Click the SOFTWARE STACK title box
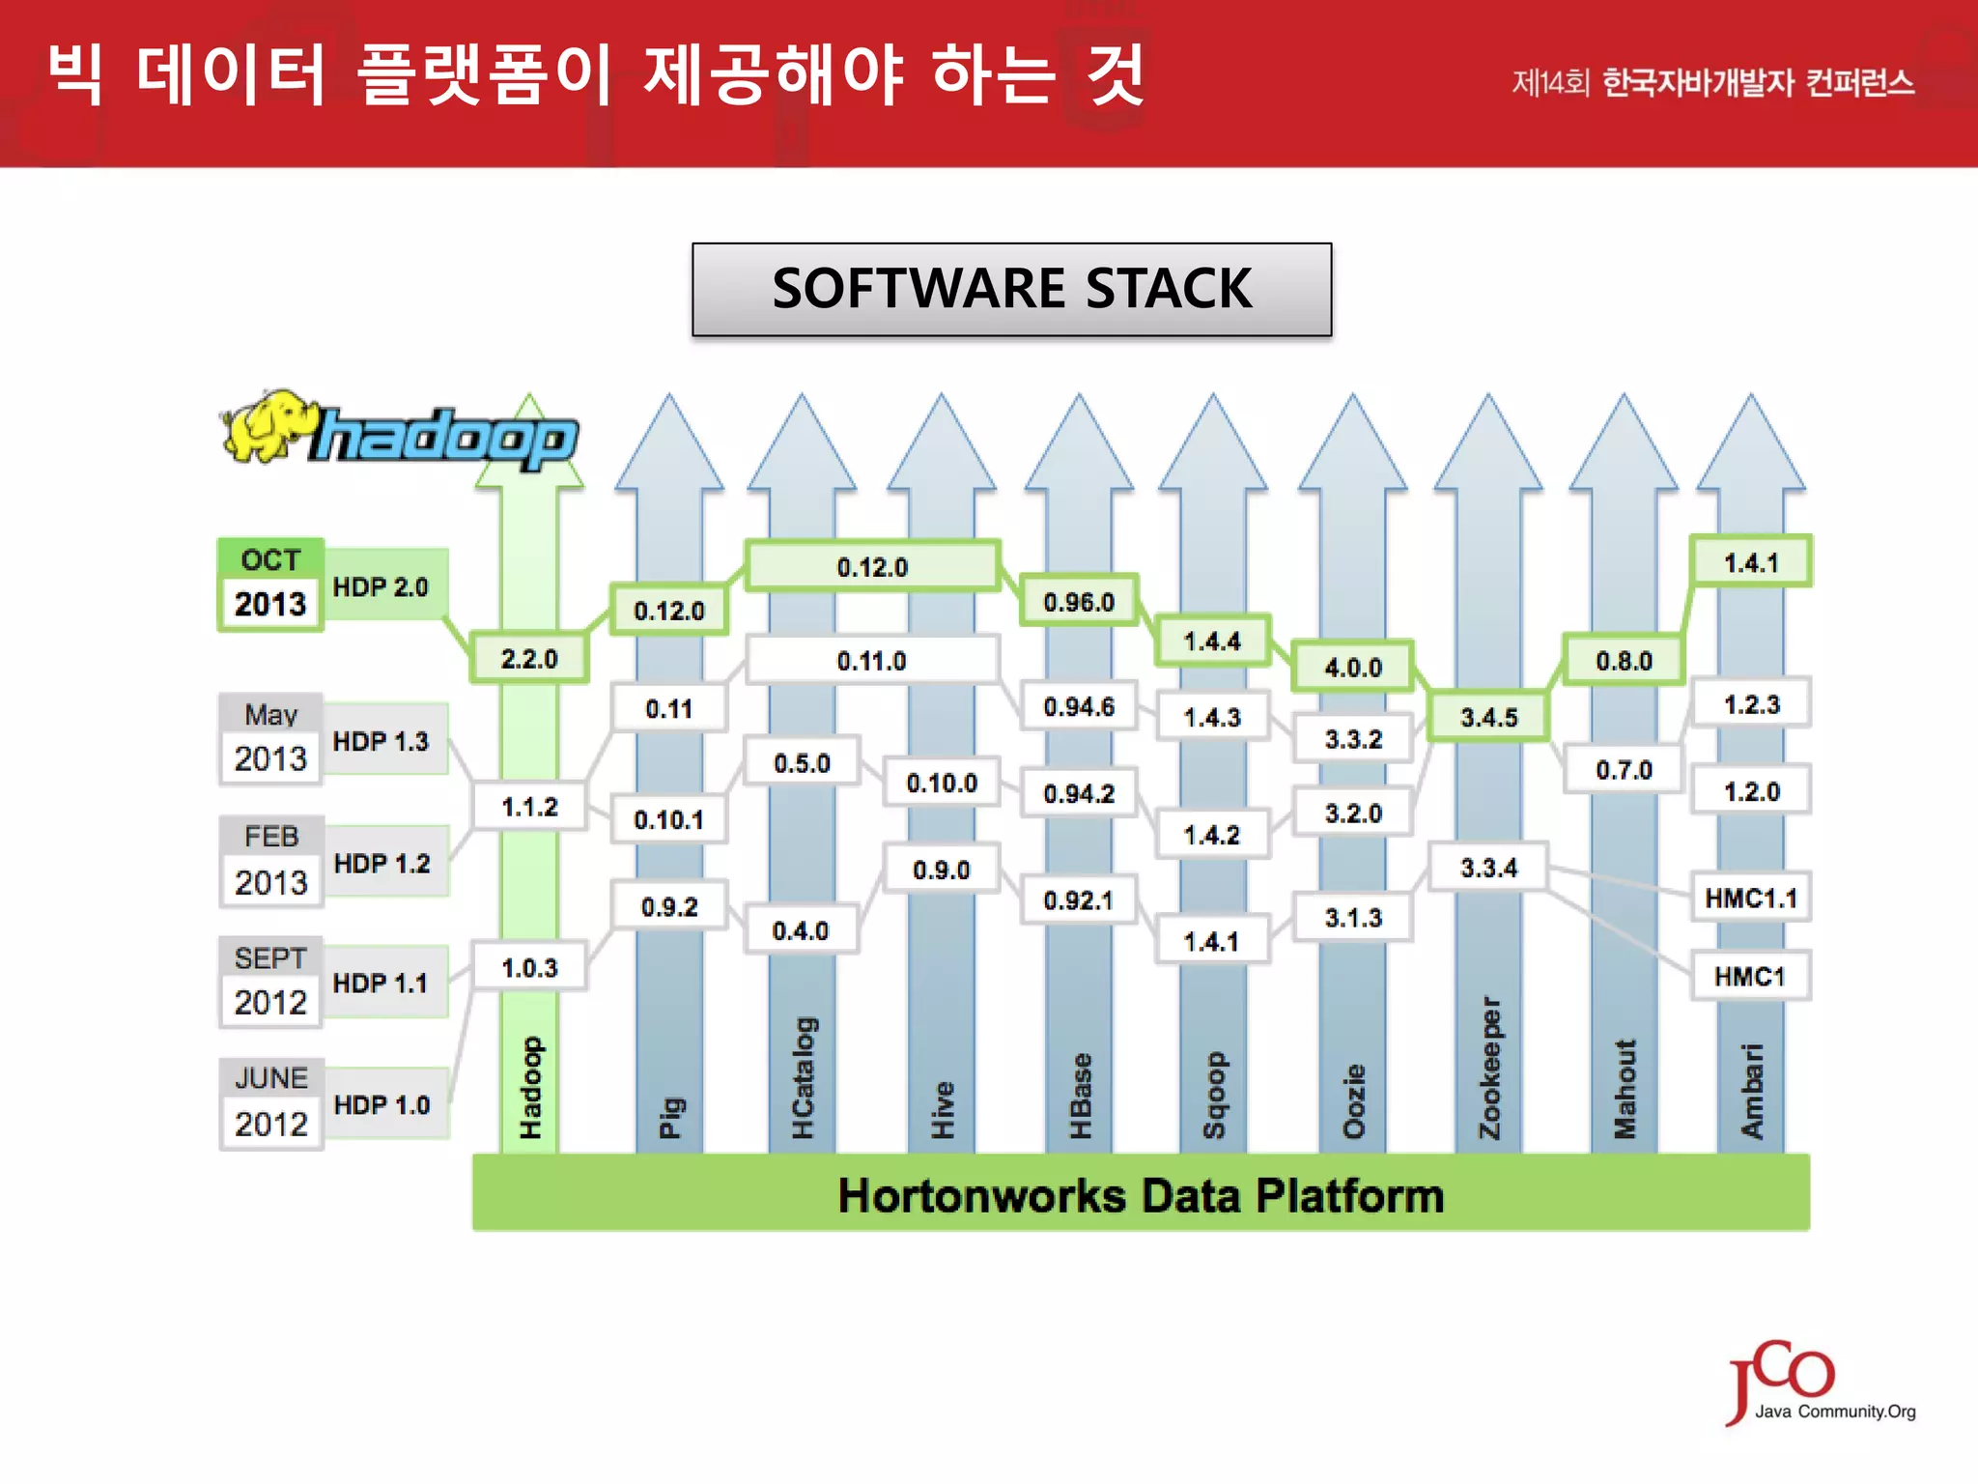pyautogui.click(x=1011, y=289)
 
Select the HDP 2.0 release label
pyautogui.click(x=381, y=586)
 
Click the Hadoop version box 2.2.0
pyautogui.click(x=529, y=659)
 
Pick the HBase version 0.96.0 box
pyautogui.click(x=1079, y=602)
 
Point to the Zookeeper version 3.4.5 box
pyautogui.click(x=1488, y=717)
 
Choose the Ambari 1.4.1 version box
pyautogui.click(x=1750, y=562)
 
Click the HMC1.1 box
pyautogui.click(x=1750, y=898)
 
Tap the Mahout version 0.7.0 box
pyautogui.click(x=1624, y=770)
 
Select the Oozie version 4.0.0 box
pyautogui.click(x=1353, y=667)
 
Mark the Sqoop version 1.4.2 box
pyautogui.click(x=1212, y=835)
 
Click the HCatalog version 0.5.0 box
pyautogui.click(x=802, y=763)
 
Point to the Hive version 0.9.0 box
pyautogui.click(x=941, y=870)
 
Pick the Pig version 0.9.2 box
pyautogui.click(x=668, y=906)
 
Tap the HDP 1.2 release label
pyautogui.click(x=382, y=863)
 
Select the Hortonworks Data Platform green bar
pyautogui.click(x=1141, y=1194)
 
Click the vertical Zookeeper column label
pyautogui.click(x=1490, y=1067)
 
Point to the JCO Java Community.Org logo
pyautogui.click(x=1816, y=1384)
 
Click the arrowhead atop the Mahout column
pyautogui.click(x=1624, y=444)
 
